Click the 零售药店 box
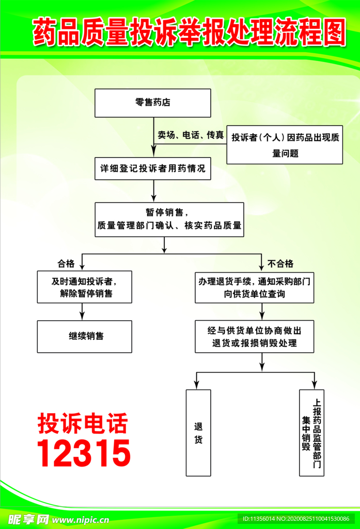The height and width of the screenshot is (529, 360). pos(152,103)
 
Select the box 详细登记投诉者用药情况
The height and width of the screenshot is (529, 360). pos(152,168)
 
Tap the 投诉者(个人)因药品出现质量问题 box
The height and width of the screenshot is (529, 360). pos(285,145)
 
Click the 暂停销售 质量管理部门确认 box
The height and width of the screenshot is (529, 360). pos(169,219)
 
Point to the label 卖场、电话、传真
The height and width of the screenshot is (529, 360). pos(191,135)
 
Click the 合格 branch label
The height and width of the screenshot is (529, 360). pos(66,263)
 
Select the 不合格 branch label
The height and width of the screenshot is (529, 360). pos(280,263)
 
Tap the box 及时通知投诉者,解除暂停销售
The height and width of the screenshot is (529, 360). pos(84,287)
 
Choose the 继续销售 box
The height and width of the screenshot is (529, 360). pos(84,336)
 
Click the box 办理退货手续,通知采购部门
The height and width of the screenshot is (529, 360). pos(254,287)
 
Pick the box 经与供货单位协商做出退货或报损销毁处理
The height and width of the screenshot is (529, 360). pos(254,336)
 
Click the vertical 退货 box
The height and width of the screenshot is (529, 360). pos(198,432)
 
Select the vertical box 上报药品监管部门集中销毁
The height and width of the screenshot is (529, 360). pos(311,432)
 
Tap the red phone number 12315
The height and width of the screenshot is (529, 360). pos(84,453)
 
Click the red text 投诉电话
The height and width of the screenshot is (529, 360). pos(83,423)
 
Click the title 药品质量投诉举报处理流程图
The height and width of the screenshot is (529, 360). pos(189,32)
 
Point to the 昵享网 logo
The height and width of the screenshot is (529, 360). pos(28,519)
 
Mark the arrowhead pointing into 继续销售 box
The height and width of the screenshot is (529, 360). pos(83,316)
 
